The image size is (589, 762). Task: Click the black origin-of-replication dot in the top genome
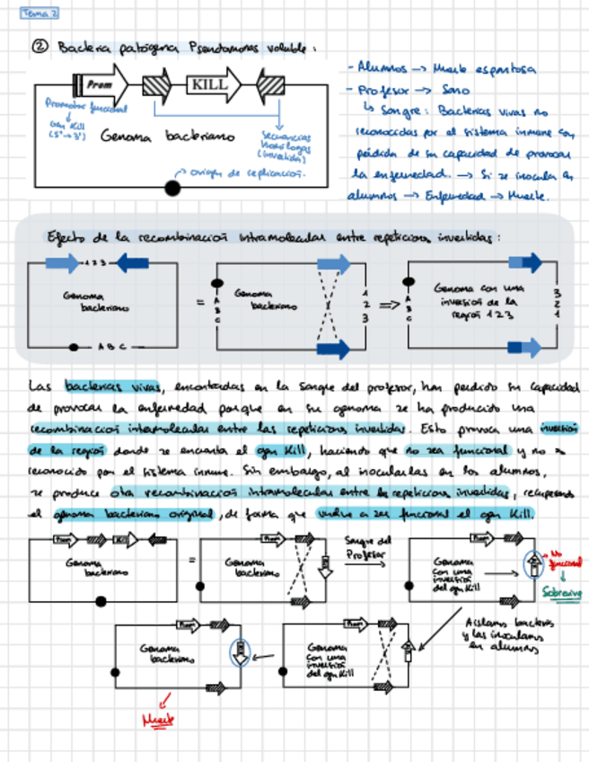coord(172,188)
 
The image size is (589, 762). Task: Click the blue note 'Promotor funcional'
coord(86,107)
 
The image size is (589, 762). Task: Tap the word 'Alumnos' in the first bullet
coord(382,66)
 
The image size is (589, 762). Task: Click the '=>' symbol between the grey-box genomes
coord(389,305)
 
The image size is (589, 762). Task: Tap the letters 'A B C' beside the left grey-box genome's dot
coord(110,345)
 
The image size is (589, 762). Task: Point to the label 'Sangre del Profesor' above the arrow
coord(368,546)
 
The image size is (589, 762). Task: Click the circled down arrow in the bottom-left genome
coord(238,651)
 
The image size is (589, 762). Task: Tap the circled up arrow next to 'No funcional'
coord(530,563)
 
